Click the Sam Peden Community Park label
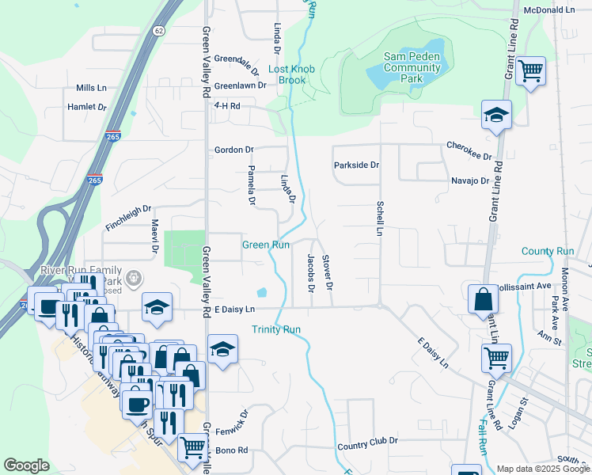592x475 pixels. (x=412, y=67)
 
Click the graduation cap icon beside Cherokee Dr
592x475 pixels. (x=496, y=116)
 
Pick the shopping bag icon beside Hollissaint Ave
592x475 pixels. (x=483, y=301)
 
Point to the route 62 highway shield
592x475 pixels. (x=160, y=31)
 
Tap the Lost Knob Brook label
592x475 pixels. (x=291, y=74)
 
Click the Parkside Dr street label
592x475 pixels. (x=356, y=165)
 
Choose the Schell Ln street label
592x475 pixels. (x=379, y=218)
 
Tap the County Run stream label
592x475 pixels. (x=548, y=251)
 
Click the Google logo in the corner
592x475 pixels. (x=26, y=465)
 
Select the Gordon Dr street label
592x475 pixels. (x=233, y=150)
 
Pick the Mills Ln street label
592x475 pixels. (x=91, y=88)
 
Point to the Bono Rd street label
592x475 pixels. (x=232, y=450)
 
